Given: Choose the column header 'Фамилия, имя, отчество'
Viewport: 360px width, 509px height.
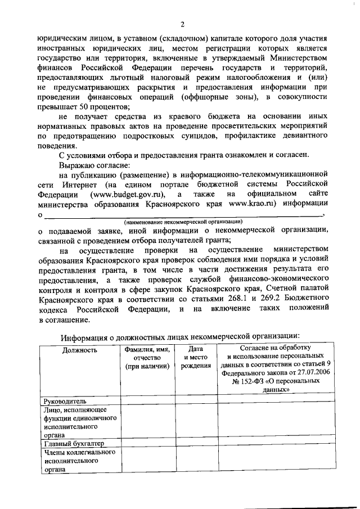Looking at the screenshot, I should pyautogui.click(x=147, y=358).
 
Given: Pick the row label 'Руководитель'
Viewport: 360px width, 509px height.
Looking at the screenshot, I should pyautogui.click(x=65, y=402).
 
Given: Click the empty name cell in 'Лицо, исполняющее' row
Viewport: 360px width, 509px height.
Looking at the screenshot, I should pyautogui.click(x=147, y=422).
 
